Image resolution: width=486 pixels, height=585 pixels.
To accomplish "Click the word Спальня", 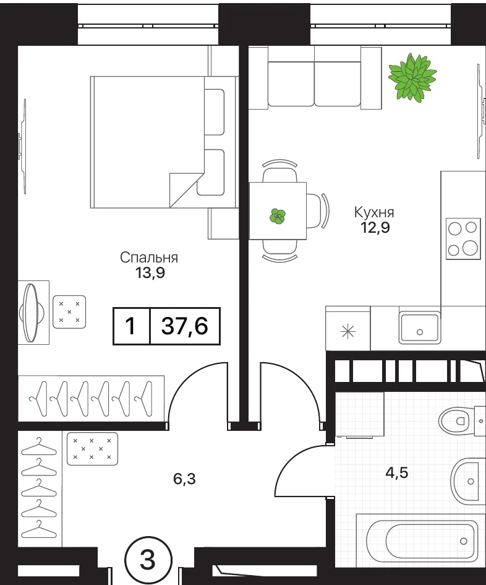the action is (x=149, y=258).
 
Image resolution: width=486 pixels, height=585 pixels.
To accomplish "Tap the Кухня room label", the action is (x=374, y=212).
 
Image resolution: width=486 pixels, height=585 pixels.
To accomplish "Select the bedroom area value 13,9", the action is (x=150, y=273).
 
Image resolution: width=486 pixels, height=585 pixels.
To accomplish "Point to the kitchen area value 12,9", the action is (x=375, y=227).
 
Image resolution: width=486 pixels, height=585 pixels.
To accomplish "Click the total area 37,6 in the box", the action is (x=184, y=326).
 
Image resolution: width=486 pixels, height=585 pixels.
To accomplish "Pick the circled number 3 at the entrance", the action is (x=148, y=560).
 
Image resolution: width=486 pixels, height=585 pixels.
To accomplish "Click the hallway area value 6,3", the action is (x=184, y=479).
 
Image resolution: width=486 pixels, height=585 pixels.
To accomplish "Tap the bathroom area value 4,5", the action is (x=396, y=472).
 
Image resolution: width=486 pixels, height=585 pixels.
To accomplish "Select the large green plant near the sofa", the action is (x=412, y=77).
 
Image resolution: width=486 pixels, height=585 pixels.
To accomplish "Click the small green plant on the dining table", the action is (x=278, y=217).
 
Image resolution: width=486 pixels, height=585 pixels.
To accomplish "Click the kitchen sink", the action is (x=420, y=328).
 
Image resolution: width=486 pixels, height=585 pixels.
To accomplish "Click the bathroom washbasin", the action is (x=466, y=480).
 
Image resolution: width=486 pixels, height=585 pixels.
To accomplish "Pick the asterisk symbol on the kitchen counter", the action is (x=347, y=331).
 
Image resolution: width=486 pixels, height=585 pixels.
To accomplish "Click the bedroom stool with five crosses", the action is (x=69, y=312).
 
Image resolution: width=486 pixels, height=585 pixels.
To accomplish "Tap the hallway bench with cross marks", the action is (x=92, y=449).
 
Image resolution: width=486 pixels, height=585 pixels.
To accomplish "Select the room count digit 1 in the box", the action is (x=130, y=326).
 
